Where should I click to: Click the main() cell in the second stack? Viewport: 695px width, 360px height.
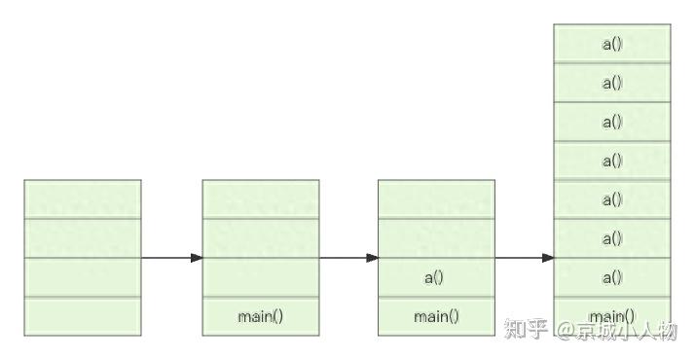point(260,316)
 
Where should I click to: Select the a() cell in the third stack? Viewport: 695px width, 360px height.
point(435,277)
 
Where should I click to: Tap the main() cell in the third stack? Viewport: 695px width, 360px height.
point(435,316)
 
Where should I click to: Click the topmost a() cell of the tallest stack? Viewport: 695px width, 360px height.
point(611,44)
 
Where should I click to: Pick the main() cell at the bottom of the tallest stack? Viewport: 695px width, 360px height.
point(611,316)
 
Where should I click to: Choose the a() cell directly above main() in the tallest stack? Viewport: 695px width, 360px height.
point(611,277)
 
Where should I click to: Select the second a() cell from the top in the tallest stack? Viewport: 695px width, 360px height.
point(611,83)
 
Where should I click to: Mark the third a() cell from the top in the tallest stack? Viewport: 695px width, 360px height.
point(611,122)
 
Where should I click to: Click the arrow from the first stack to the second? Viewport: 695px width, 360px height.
point(171,258)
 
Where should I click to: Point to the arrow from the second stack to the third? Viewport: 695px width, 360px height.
point(347,258)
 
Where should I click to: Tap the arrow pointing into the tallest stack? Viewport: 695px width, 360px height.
point(524,258)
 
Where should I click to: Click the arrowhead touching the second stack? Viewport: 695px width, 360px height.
point(197,258)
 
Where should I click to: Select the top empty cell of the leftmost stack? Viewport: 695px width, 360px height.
point(83,199)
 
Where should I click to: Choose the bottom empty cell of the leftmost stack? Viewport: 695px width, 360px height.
point(83,316)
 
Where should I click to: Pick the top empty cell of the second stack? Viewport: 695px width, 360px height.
point(260,199)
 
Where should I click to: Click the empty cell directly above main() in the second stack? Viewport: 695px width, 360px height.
point(260,277)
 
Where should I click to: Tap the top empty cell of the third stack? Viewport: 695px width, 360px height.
point(435,199)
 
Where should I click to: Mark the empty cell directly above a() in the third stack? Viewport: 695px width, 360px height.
point(435,238)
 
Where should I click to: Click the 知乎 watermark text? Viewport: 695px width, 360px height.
point(527,331)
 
